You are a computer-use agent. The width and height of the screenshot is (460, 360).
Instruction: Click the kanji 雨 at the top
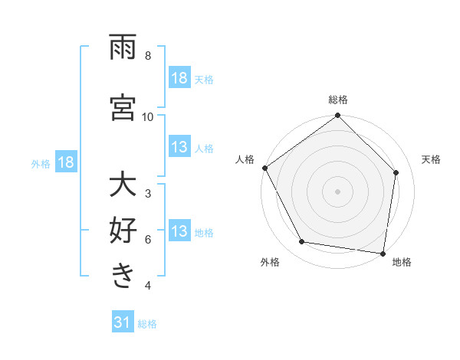click(x=123, y=47)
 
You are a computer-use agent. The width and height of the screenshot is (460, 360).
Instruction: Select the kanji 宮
click(x=123, y=108)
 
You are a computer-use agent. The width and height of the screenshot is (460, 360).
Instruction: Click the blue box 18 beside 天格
click(x=179, y=78)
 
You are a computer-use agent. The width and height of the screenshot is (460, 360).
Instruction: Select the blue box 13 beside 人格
click(x=179, y=147)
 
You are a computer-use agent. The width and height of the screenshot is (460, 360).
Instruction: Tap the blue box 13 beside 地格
click(x=179, y=231)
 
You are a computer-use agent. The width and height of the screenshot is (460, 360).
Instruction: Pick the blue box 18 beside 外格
click(x=66, y=162)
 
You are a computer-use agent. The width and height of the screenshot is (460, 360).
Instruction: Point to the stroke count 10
click(x=147, y=116)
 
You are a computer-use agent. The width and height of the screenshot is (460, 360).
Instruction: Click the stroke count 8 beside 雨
click(x=147, y=56)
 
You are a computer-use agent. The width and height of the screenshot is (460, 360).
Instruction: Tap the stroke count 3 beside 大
click(x=147, y=194)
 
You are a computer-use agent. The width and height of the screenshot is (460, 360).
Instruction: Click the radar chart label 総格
click(x=338, y=100)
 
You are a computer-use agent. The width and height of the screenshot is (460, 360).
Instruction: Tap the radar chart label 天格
click(x=431, y=159)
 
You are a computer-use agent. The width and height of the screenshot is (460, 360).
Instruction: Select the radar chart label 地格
click(x=402, y=262)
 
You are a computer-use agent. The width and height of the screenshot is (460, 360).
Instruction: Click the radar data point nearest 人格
click(x=264, y=168)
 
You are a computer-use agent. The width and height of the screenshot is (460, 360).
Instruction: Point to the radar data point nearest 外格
click(x=302, y=242)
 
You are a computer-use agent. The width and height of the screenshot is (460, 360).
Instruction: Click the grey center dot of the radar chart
click(x=338, y=191)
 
